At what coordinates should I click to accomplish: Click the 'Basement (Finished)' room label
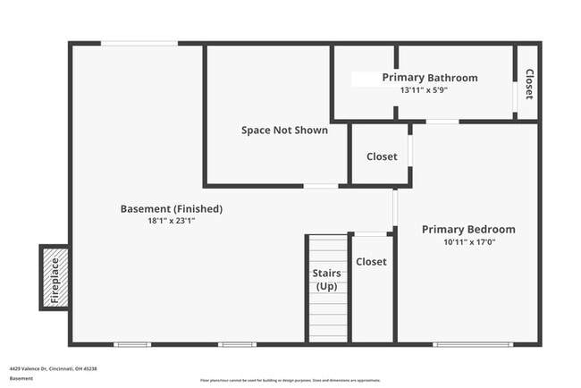click(x=172, y=209)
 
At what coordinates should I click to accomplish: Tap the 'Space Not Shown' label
click(x=284, y=131)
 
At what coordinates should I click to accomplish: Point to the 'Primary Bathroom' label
click(x=430, y=78)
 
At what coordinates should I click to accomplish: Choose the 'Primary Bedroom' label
click(x=468, y=230)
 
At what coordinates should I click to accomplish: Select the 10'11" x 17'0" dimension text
click(x=468, y=242)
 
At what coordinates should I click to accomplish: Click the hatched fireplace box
click(x=55, y=278)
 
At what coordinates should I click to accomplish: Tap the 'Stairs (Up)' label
click(x=326, y=279)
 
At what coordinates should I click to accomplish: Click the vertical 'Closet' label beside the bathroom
click(x=529, y=84)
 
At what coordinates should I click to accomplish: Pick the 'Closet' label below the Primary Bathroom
click(x=382, y=156)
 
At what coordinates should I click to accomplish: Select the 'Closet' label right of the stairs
click(x=371, y=262)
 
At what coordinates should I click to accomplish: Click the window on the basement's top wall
click(x=139, y=43)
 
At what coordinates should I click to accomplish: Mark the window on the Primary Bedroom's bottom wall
click(x=473, y=344)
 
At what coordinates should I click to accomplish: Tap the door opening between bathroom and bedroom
click(x=442, y=122)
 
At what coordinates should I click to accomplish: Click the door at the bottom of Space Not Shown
click(x=321, y=186)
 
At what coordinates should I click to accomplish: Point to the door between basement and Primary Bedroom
click(x=394, y=207)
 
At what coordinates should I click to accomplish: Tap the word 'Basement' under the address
click(x=21, y=378)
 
